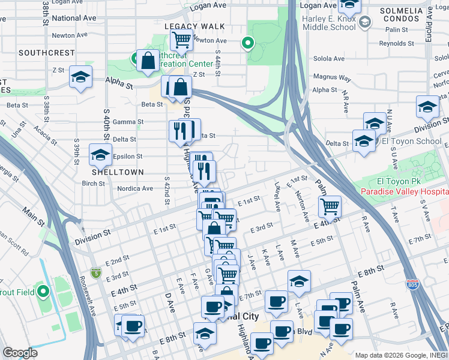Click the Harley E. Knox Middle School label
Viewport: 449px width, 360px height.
[329, 23]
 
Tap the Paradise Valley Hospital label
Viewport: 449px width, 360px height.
[405, 191]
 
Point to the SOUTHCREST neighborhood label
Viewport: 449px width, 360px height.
[46, 53]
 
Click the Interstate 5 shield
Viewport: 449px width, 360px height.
[96, 273]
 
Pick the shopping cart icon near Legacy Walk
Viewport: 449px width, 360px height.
[181, 40]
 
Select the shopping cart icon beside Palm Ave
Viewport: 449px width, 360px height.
[330, 207]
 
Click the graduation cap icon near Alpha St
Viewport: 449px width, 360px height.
[80, 77]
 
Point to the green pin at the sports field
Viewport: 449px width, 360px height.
[43, 292]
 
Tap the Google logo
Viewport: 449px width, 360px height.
[20, 352]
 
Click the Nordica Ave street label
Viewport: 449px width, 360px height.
[135, 188]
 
